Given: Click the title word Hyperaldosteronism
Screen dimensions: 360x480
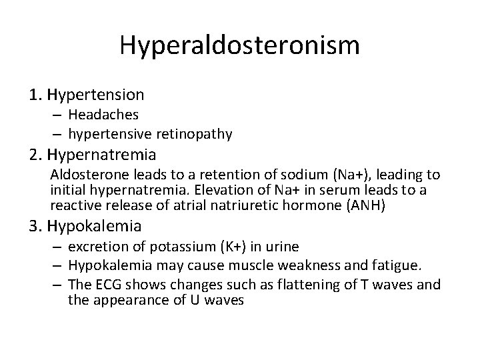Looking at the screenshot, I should (240, 46).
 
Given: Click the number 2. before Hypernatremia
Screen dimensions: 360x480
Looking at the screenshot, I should (37, 155).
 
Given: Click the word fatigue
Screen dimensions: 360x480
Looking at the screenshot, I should (397, 266).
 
